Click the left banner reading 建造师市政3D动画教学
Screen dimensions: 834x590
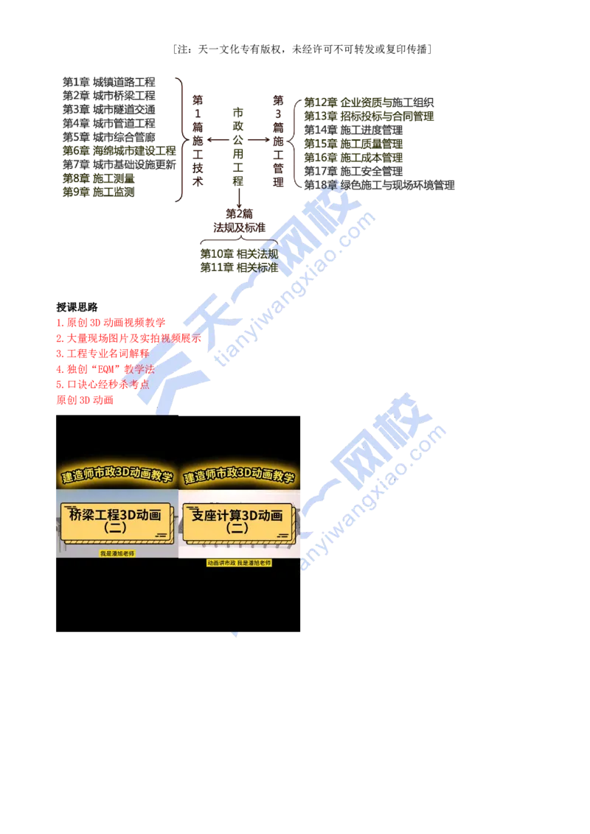117,477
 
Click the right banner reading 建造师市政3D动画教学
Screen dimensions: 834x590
239,477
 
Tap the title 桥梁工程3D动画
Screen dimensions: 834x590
114,515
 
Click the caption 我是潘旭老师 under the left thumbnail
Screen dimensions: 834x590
117,553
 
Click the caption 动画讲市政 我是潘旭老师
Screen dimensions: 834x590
239,562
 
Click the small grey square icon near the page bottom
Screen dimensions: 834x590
236,636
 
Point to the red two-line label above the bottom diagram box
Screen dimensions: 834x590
238,219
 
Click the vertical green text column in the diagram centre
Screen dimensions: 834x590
238,144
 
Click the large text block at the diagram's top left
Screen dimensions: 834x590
109,111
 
